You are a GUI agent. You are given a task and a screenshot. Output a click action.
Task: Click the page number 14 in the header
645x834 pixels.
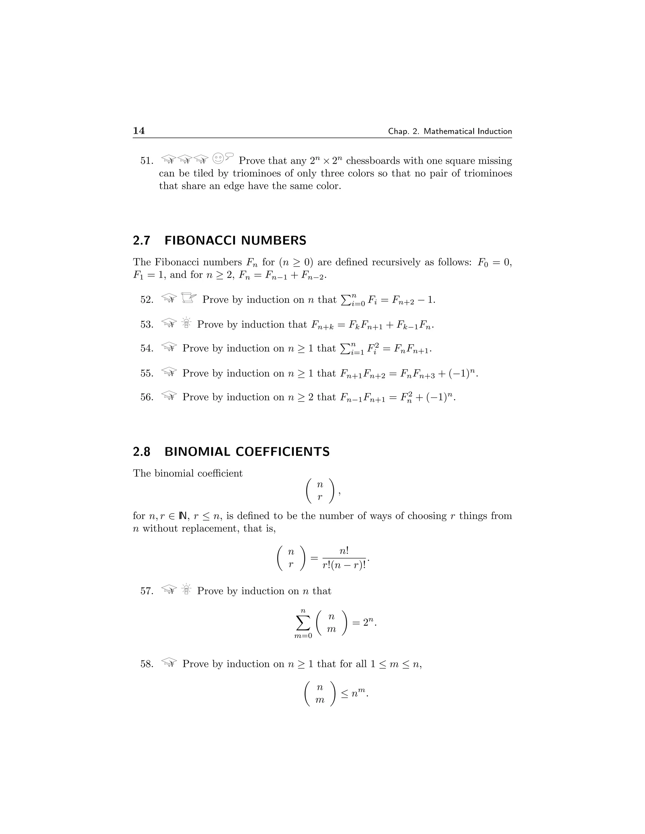(x=139, y=131)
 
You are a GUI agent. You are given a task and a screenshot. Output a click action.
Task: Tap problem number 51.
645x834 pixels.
(x=146, y=161)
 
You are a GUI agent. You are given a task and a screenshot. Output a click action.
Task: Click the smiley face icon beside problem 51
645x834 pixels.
(x=218, y=158)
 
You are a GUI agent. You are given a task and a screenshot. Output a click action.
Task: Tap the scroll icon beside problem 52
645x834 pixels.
(x=188, y=298)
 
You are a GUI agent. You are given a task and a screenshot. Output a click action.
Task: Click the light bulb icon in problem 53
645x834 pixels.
(x=186, y=323)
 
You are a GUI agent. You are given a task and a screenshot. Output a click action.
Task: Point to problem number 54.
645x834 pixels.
(x=146, y=348)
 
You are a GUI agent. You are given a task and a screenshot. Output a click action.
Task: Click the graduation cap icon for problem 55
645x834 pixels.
(x=169, y=372)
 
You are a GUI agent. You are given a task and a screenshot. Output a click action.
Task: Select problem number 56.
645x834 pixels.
(x=146, y=397)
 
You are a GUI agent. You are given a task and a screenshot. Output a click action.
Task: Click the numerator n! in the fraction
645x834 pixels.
(x=344, y=551)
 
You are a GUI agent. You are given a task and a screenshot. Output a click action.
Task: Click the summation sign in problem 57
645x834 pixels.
(x=303, y=623)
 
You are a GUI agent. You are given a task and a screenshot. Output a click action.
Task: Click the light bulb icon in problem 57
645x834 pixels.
(x=186, y=589)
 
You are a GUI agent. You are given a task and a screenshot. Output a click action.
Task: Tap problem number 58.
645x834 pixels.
(x=146, y=664)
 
